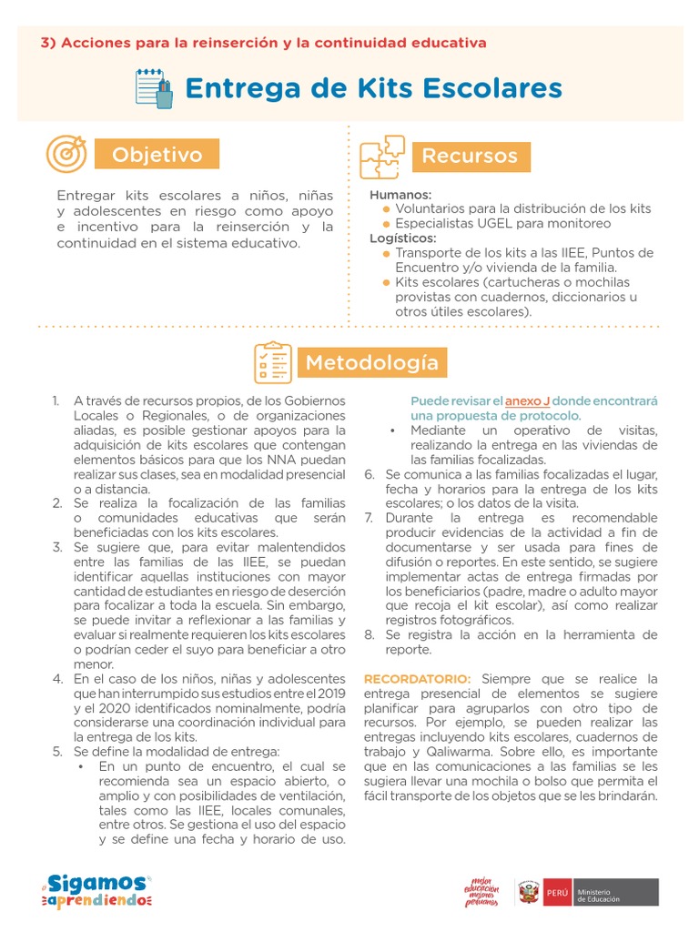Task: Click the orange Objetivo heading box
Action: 157,155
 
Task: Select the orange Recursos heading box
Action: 470,156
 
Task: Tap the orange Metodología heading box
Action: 371,362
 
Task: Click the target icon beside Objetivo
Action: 66,155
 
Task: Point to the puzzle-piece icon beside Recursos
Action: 381,157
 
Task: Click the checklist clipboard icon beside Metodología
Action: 272,362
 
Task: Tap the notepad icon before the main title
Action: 154,88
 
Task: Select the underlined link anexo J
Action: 527,400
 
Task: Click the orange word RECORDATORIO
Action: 418,679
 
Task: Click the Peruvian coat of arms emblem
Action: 528,893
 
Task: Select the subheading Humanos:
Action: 400,195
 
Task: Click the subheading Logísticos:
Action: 403,238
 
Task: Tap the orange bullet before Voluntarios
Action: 386,209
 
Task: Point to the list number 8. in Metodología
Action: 370,634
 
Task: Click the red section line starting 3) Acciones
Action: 264,43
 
